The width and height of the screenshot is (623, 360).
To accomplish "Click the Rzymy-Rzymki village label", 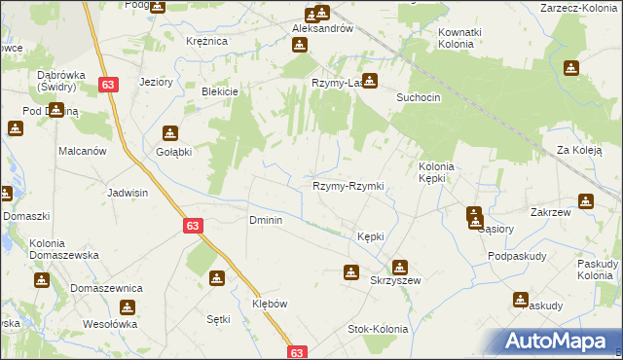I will pos(348,186).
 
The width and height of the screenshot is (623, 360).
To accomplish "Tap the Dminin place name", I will pos(266,221).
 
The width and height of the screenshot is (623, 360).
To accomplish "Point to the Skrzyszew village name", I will pos(395,280).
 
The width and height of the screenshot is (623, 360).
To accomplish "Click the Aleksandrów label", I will pos(321,29).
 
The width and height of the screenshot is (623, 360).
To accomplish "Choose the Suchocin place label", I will pos(421,98).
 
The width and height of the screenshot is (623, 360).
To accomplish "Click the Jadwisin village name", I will pos(128,193).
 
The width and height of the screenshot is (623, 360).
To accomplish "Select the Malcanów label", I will pos(82,152).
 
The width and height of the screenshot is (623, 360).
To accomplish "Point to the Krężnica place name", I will pos(206,41).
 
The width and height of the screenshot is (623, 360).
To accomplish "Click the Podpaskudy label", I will pos(513,256).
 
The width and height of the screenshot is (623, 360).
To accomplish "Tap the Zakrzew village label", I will pos(576,218).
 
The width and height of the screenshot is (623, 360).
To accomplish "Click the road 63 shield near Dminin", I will pos(192,225).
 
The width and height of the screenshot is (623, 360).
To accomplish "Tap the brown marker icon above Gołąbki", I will pos(170,133).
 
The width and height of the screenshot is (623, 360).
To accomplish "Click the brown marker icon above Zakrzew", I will pos(586,200).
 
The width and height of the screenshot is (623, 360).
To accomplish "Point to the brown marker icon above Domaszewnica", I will pos(41,280).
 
